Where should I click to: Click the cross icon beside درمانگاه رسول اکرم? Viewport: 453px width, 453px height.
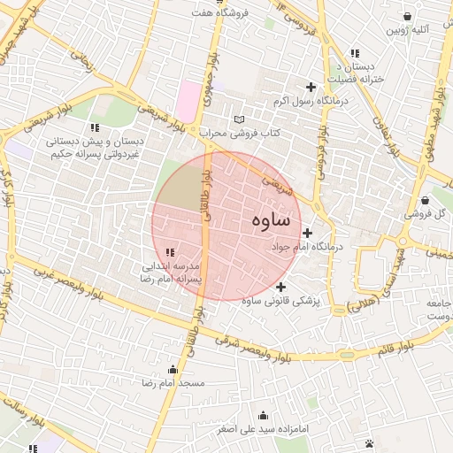[310, 87]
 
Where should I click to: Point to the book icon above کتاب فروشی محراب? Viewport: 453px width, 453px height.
[238, 119]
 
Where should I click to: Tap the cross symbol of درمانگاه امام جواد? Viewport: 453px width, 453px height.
[307, 234]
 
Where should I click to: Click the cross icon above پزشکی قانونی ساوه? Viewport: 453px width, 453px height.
[280, 287]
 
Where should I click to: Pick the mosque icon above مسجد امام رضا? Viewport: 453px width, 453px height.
[173, 369]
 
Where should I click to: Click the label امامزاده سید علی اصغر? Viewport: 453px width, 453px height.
[264, 429]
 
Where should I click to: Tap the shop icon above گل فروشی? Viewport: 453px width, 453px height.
[426, 201]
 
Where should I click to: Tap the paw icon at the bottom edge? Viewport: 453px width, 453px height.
[369, 442]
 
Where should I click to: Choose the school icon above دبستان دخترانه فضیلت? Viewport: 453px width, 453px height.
[355, 54]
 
